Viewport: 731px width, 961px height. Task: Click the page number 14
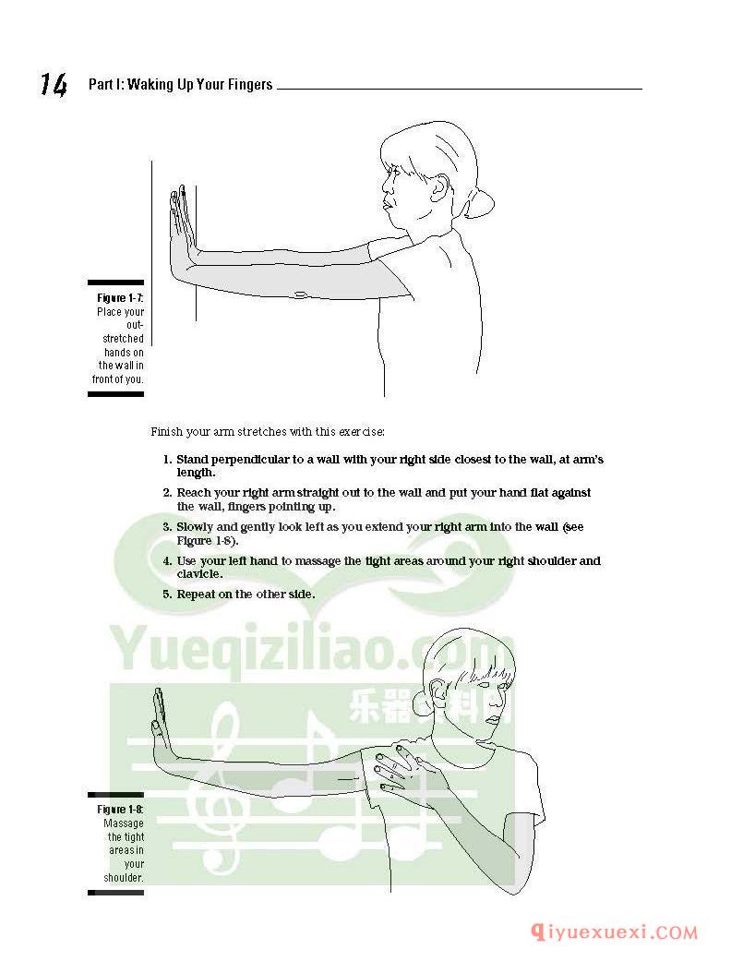point(54,85)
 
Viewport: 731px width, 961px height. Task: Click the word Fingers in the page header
point(250,85)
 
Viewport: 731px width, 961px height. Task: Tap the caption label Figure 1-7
point(120,298)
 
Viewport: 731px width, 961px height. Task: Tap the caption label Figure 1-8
point(120,809)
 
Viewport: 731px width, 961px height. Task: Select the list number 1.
point(167,460)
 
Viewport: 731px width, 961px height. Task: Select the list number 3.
point(167,527)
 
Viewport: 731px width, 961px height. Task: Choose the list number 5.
point(167,595)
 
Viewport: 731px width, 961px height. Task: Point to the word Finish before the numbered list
point(167,431)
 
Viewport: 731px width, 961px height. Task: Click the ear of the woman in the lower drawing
point(437,691)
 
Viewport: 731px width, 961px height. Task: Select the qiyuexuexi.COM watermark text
point(614,932)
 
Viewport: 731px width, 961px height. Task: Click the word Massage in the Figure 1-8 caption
point(124,823)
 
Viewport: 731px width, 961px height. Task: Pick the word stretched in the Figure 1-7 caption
point(123,338)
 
